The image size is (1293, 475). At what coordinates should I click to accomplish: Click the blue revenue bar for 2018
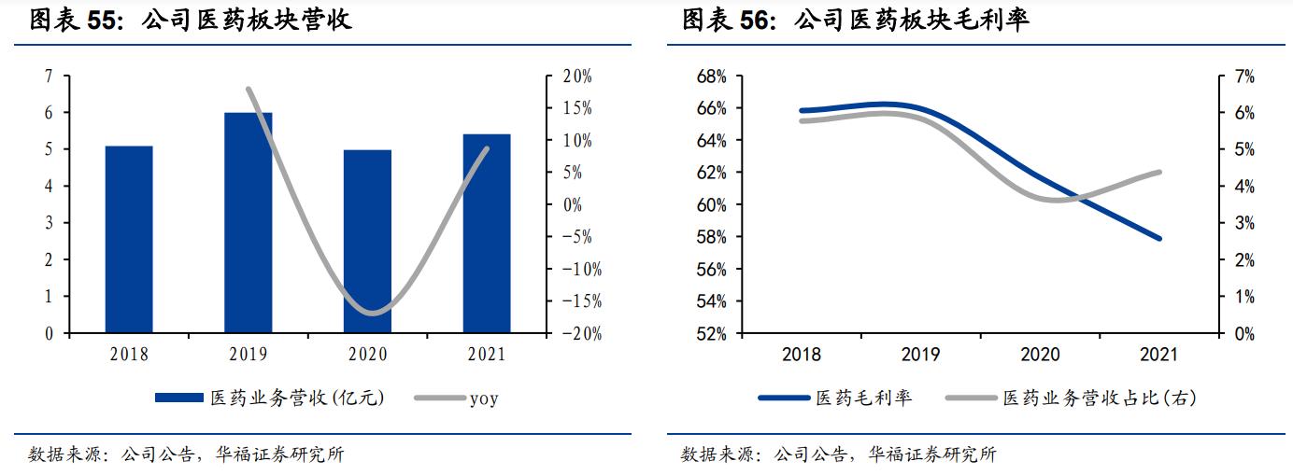tap(129, 240)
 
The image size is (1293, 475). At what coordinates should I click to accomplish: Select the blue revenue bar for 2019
tap(249, 223)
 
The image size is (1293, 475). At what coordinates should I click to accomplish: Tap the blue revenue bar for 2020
tap(367, 242)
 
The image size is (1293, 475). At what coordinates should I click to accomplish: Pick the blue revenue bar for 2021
tap(487, 234)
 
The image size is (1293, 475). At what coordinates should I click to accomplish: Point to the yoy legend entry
tap(458, 398)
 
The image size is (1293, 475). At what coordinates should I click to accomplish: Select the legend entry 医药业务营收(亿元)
tap(270, 398)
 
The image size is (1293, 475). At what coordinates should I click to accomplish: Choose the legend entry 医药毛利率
tap(835, 398)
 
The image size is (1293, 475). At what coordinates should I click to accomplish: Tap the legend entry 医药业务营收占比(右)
tap(1071, 398)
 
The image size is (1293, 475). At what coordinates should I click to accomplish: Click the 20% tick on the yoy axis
tap(576, 77)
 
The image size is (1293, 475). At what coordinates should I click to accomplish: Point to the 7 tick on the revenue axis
tap(49, 77)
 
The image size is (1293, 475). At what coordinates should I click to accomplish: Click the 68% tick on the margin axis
tap(712, 77)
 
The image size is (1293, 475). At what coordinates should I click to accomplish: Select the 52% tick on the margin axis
tap(712, 334)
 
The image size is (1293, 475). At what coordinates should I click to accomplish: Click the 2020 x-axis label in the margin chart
tap(1040, 356)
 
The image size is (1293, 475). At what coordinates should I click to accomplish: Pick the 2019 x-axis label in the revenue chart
tap(248, 355)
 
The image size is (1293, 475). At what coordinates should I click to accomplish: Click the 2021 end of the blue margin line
tap(1159, 239)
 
